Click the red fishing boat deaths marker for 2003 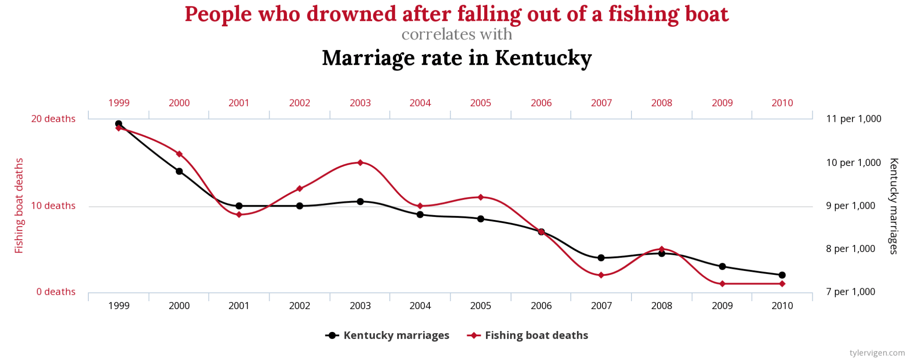coord(360,162)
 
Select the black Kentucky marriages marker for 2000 coord(179,171)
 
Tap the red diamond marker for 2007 coord(601,275)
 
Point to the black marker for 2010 coord(782,275)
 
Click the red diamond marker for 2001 coord(239,215)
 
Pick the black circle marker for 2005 coord(481,219)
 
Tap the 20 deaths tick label coord(53,119)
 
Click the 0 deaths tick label coord(56,292)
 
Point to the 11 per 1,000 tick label coord(853,119)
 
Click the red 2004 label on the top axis coord(420,103)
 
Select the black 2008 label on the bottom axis coord(661,306)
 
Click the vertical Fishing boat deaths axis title coord(19,206)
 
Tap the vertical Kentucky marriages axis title coord(893,206)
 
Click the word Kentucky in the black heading coord(543,58)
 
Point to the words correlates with coord(457,34)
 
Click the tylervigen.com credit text coord(877,353)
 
